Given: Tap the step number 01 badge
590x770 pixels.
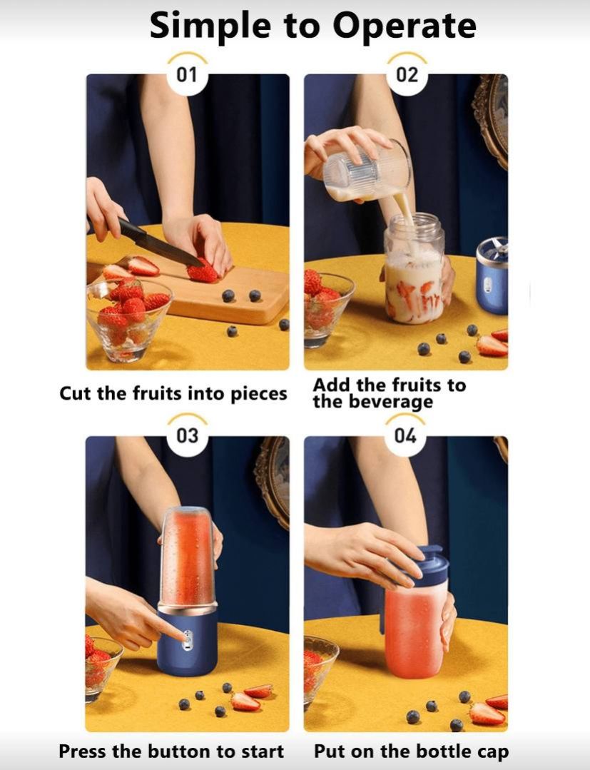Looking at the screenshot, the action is coord(187,75).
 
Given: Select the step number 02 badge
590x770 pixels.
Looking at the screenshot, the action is coord(407,75).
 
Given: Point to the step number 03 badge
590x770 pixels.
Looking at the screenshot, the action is coord(187,435).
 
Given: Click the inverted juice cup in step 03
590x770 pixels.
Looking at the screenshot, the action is coord(188,557).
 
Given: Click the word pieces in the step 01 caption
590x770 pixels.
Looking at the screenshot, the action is coord(260,394).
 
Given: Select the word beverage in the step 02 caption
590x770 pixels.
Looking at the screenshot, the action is coord(391,402).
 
